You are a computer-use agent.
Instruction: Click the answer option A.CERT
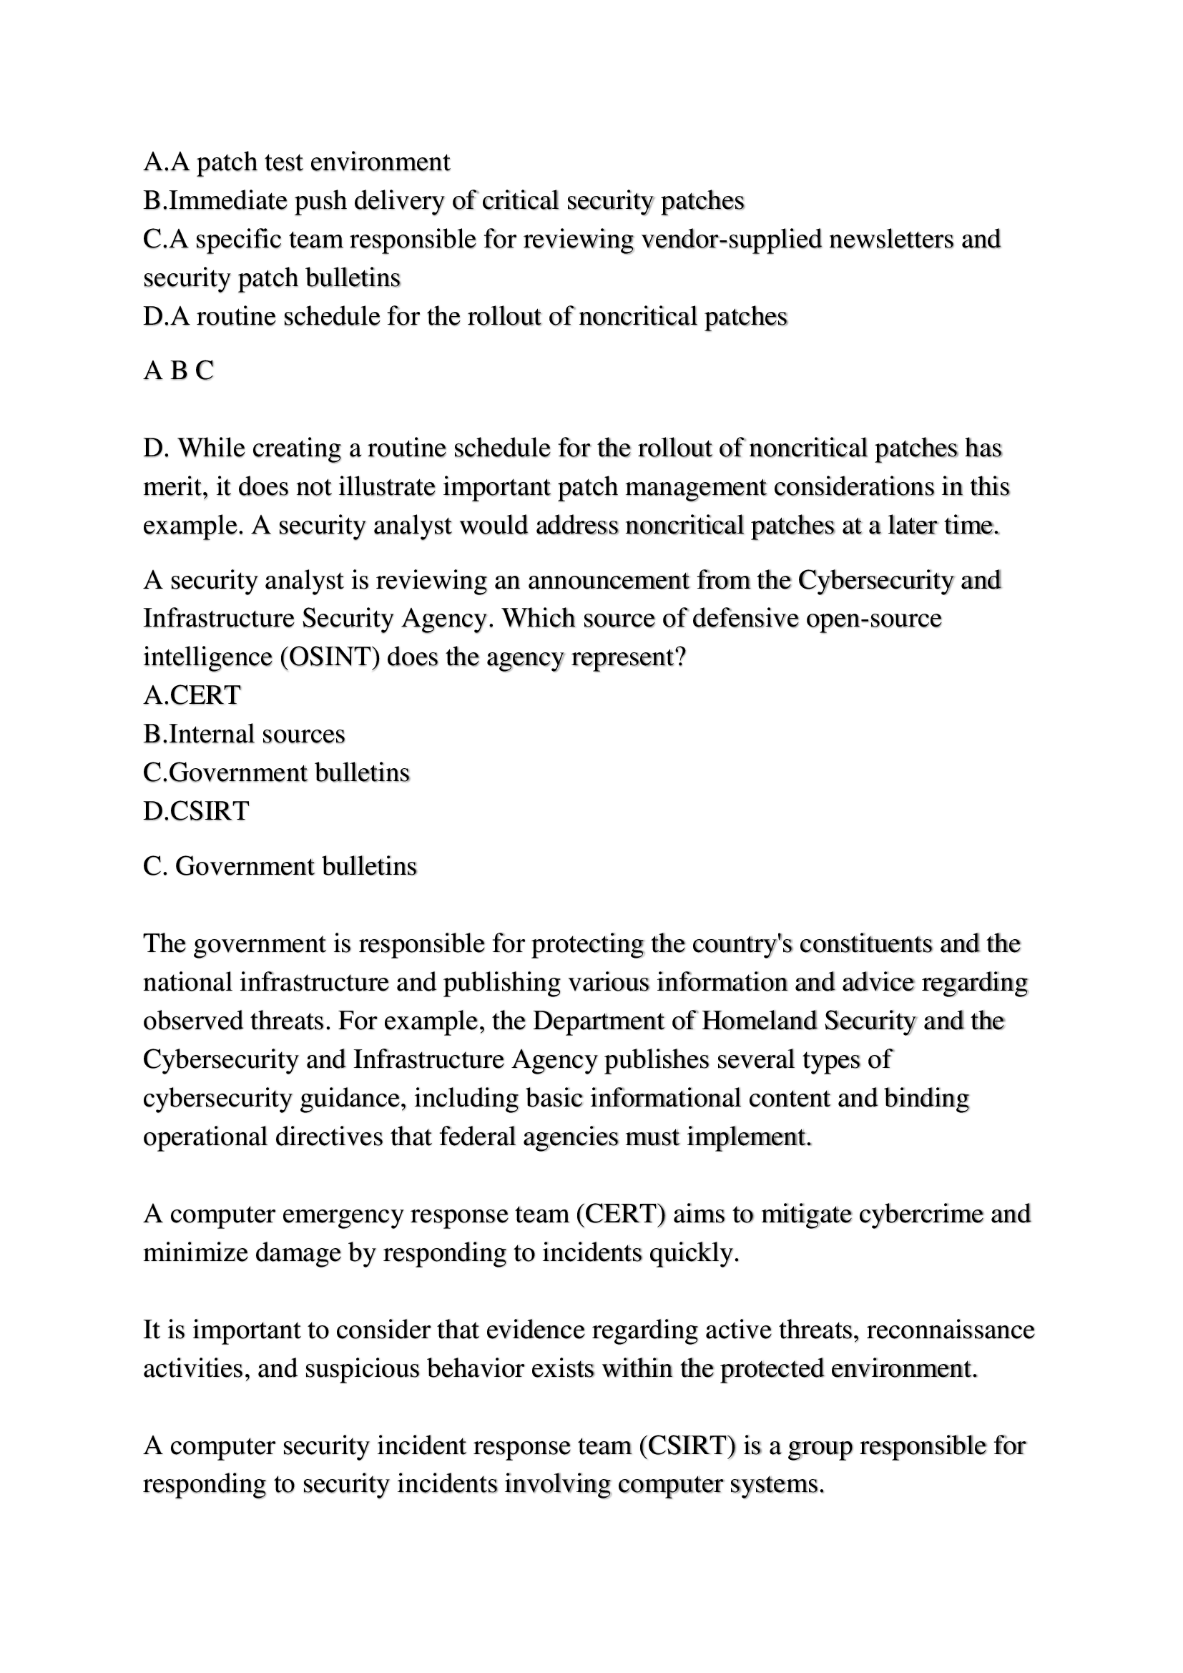tap(192, 695)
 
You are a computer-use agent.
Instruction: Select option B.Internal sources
tap(244, 734)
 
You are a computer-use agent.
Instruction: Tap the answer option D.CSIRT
tap(196, 811)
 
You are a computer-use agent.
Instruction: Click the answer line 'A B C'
tap(179, 371)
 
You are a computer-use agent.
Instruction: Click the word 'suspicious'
tap(362, 1368)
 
